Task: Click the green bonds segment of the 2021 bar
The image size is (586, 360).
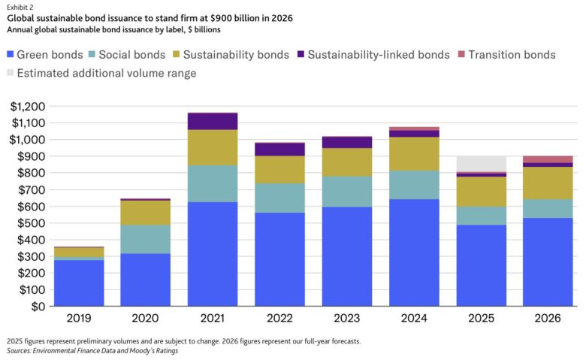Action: click(x=212, y=254)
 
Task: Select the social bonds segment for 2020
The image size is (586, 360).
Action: click(x=146, y=239)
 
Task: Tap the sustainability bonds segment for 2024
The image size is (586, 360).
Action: click(x=414, y=153)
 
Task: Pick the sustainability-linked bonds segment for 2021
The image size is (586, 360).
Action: click(x=212, y=122)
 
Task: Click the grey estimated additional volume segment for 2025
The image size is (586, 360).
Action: click(x=481, y=163)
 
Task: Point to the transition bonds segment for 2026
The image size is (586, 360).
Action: click(x=548, y=159)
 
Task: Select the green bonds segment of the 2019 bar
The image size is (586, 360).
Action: click(x=79, y=283)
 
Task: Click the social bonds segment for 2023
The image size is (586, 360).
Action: click(x=346, y=192)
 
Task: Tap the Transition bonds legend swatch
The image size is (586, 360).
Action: click(x=461, y=55)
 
